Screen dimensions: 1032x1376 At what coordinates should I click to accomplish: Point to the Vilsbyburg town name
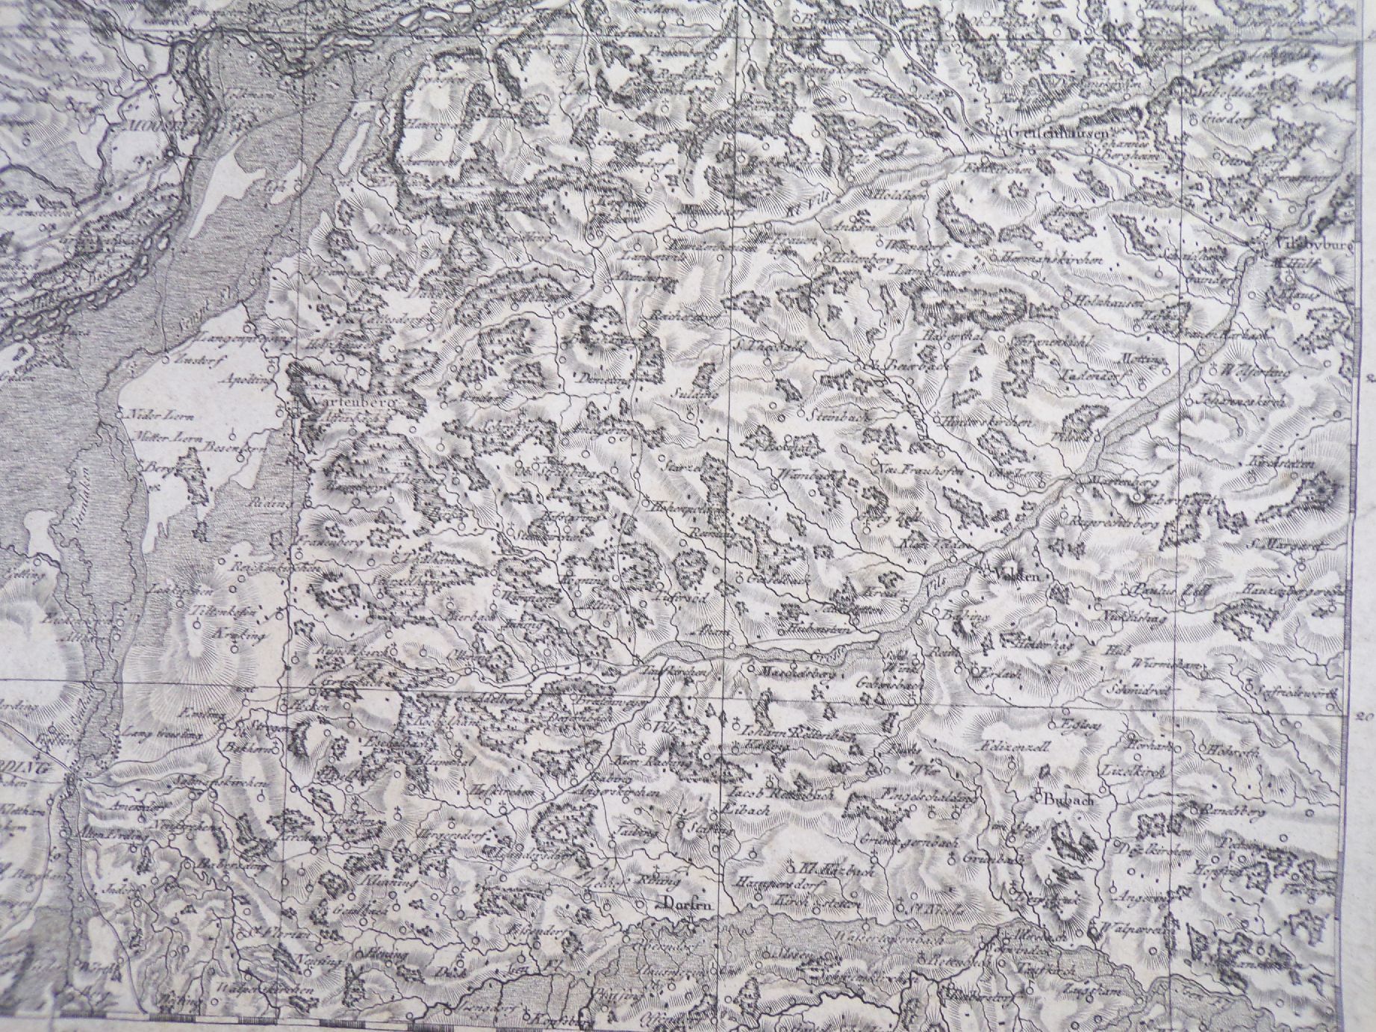(x=1309, y=244)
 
